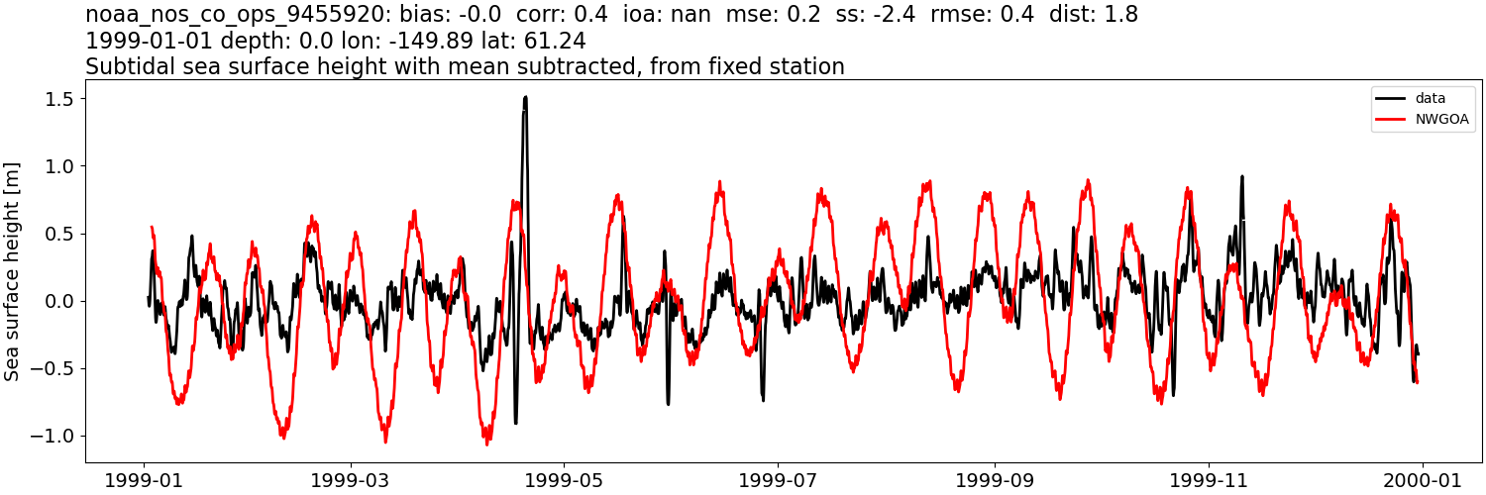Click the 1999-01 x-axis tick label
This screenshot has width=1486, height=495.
point(145,479)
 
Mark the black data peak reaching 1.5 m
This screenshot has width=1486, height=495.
point(525,98)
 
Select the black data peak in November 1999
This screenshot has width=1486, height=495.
point(1241,178)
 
